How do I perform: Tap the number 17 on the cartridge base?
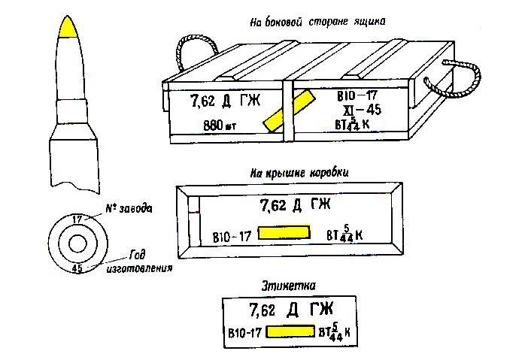coord(76,219)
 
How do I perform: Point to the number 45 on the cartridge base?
coord(77,267)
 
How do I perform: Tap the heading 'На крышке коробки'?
coord(299,172)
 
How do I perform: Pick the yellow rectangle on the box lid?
coord(284,233)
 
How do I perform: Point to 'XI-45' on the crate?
coord(360,109)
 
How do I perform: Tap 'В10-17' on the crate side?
coord(357,95)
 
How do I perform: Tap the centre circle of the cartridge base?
coord(77,243)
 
